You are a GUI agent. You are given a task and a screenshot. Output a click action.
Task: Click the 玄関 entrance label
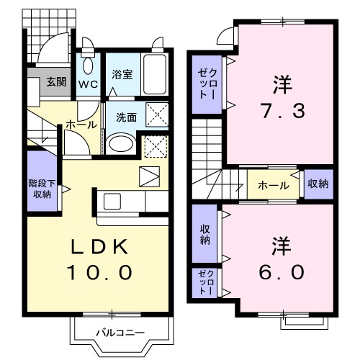pyautogui.click(x=55, y=81)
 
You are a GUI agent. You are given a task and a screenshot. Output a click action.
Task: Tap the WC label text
pyautogui.click(x=88, y=84)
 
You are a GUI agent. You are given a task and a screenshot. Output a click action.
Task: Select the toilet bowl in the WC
pyautogui.click(x=88, y=65)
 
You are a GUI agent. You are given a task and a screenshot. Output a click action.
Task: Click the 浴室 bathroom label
pyautogui.click(x=122, y=74)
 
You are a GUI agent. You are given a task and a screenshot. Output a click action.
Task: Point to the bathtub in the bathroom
pyautogui.click(x=154, y=73)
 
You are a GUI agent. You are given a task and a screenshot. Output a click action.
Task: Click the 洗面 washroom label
pyautogui.click(x=126, y=117)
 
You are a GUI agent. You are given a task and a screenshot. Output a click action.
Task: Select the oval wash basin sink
pyautogui.click(x=120, y=143)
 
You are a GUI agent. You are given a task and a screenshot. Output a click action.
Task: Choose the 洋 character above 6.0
pyautogui.click(x=281, y=244)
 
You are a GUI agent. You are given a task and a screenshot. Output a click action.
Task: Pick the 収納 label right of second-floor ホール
pyautogui.click(x=318, y=184)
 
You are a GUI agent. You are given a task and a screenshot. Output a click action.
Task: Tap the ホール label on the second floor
pyautogui.click(x=274, y=185)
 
